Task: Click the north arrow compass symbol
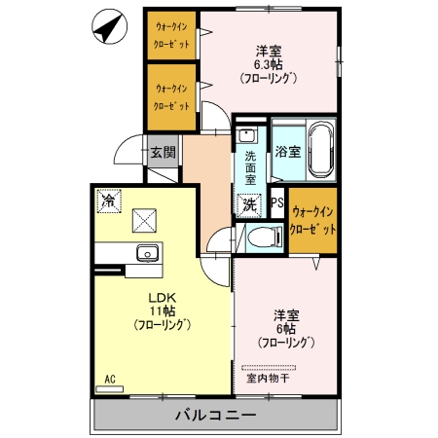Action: pyautogui.click(x=109, y=26)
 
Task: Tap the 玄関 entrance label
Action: pyautogui.click(x=163, y=152)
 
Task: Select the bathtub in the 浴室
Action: pyautogui.click(x=321, y=150)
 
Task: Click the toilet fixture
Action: pyautogui.click(x=265, y=237)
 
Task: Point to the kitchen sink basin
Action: pyautogui.click(x=148, y=252)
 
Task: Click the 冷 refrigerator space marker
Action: pyautogui.click(x=109, y=201)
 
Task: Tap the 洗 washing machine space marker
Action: pyautogui.click(x=249, y=204)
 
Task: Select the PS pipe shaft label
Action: pyautogui.click(x=277, y=202)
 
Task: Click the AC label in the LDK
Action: pyautogui.click(x=110, y=379)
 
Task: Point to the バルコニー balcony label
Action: pyautogui.click(x=216, y=415)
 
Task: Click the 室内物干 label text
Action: pyautogui.click(x=268, y=379)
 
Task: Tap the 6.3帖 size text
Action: pyautogui.click(x=268, y=65)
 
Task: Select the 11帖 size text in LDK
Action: pyautogui.click(x=163, y=310)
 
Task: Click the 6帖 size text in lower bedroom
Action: pyautogui.click(x=286, y=329)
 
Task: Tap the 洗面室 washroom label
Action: pyautogui.click(x=250, y=168)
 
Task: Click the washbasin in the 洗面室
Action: pyautogui.click(x=247, y=134)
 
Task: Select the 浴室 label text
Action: pyautogui.click(x=287, y=152)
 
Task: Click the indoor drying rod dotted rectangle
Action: pyautogui.click(x=269, y=368)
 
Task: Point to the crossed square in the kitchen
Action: pyautogui.click(x=144, y=221)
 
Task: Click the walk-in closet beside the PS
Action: pyautogui.click(x=312, y=221)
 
